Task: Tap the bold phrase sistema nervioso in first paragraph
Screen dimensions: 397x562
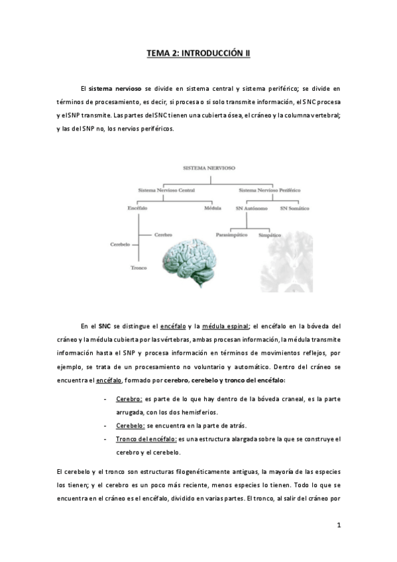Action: coord(114,88)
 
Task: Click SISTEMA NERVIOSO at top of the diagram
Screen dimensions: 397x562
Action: coord(209,169)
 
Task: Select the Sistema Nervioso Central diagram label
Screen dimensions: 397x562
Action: coord(166,190)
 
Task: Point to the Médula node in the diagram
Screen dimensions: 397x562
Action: coord(213,209)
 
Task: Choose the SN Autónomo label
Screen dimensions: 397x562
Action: coord(251,209)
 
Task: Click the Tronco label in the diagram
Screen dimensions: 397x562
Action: coord(139,268)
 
